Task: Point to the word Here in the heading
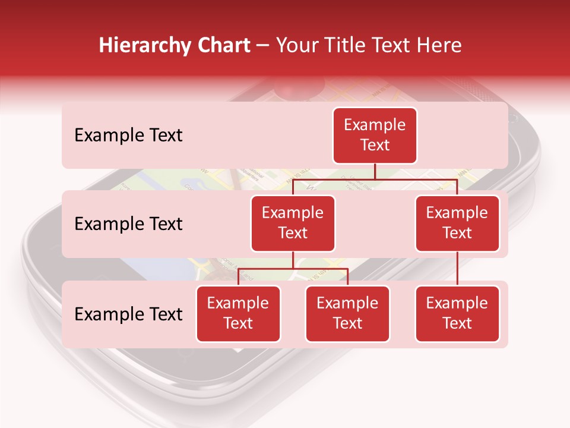[x=439, y=45]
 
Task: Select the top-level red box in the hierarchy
[x=375, y=135]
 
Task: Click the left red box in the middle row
[x=293, y=223]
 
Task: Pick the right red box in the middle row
[x=457, y=223]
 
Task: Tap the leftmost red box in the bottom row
[x=238, y=313]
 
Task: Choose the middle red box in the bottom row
[x=347, y=313]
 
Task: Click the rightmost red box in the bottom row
[x=457, y=313]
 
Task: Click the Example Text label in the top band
[x=128, y=135]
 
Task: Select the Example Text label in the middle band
[x=128, y=224]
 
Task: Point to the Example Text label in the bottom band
[x=128, y=314]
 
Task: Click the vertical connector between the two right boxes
[x=457, y=269]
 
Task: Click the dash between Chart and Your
[x=263, y=46]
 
